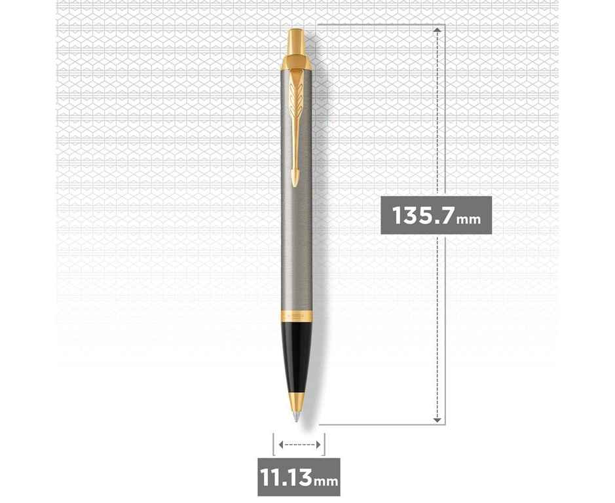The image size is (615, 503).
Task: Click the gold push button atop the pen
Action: (296, 42)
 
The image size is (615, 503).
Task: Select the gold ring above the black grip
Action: (297, 316)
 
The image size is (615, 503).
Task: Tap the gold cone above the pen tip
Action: (297, 401)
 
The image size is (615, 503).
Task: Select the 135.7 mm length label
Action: (436, 215)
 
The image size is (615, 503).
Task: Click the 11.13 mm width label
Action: (299, 477)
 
